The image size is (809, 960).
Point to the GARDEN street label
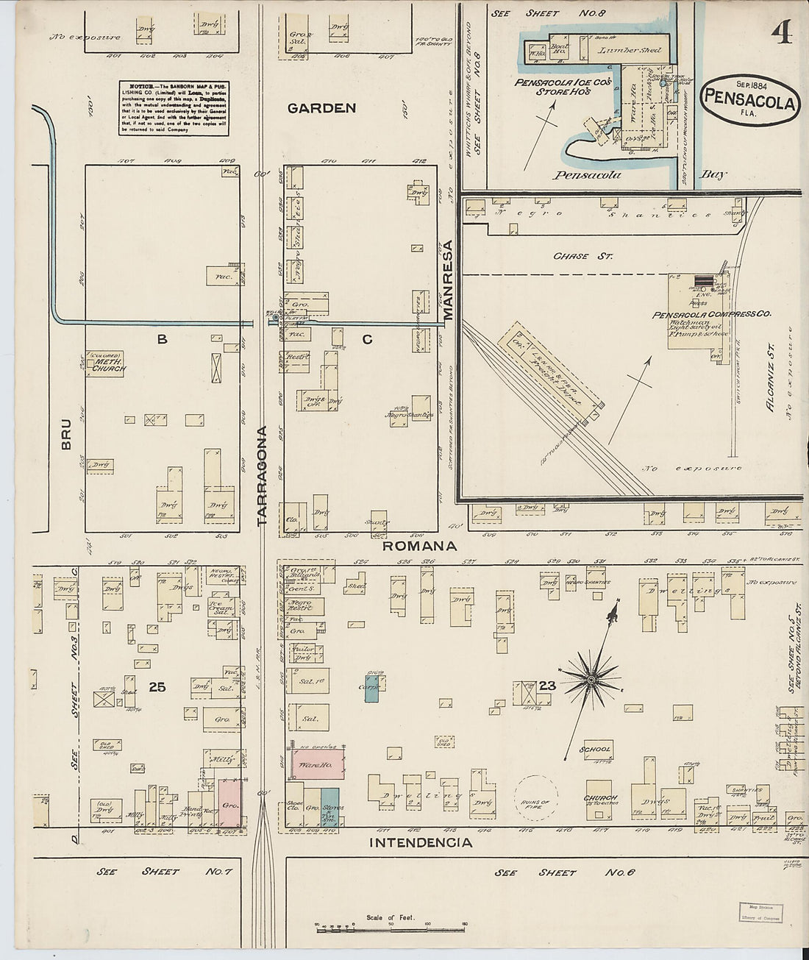coord(321,108)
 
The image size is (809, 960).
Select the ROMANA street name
coord(419,546)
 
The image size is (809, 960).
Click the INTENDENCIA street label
coord(421,842)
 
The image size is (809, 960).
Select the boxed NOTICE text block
coord(174,108)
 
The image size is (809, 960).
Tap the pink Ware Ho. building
coord(319,765)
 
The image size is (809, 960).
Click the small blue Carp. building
coord(372,688)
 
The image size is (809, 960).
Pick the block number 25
coord(157,687)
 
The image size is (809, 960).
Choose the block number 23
coord(546,686)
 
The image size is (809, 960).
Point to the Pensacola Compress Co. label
coord(710,314)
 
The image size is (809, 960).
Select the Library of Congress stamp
coord(760,913)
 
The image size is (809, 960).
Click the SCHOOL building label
coord(596,750)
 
